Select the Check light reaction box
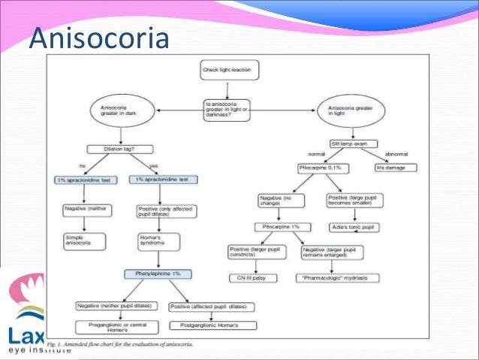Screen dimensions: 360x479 [x=230, y=72]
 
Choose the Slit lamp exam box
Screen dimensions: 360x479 [x=353, y=143]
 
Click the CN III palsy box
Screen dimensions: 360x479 [x=255, y=277]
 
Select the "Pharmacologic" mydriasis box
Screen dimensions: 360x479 [x=337, y=277]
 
